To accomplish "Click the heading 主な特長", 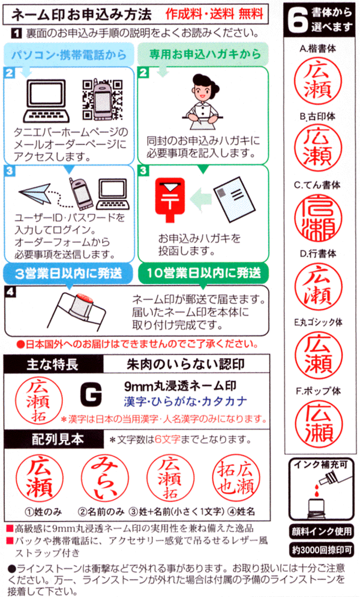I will [x=52, y=364].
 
